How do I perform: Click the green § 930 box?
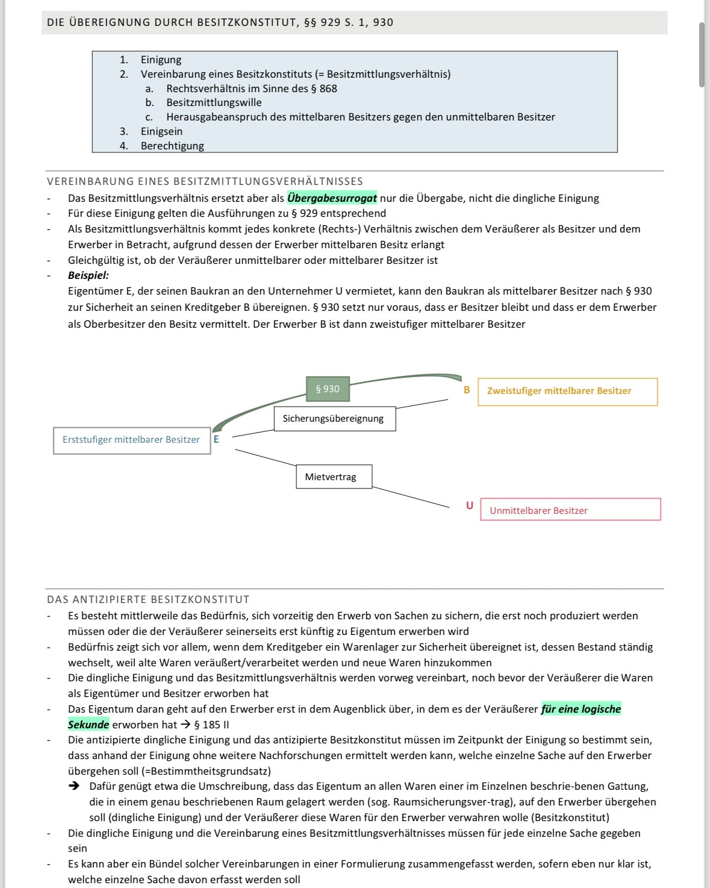coord(328,389)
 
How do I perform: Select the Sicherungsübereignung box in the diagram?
coord(334,419)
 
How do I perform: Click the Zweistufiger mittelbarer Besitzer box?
coord(567,392)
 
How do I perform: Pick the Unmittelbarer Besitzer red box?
coord(570,510)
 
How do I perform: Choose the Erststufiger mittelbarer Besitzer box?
coord(131,440)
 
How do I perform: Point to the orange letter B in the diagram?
coord(467,390)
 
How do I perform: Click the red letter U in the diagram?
coord(470,505)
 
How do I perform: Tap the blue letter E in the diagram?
coord(216,439)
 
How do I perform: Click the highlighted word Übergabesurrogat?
coord(332,198)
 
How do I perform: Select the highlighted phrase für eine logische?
coord(581,709)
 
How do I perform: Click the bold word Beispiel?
coord(89,275)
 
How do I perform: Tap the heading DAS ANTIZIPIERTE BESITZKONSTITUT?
coord(148,599)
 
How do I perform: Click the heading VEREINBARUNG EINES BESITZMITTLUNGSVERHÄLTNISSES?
coord(205,181)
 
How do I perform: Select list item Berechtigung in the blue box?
coord(172,146)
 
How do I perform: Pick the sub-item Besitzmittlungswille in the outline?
coord(214,102)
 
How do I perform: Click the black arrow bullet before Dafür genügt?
coord(74,786)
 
